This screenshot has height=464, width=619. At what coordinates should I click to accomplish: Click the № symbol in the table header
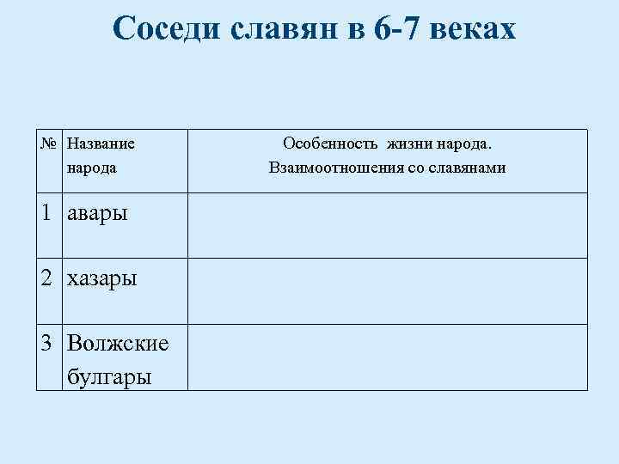[51, 142]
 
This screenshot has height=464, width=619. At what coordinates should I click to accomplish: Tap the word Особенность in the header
[330, 142]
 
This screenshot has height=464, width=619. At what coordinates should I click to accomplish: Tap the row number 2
[47, 278]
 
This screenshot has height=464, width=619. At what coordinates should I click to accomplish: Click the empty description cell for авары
[387, 225]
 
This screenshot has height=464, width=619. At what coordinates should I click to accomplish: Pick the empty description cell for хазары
[387, 290]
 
